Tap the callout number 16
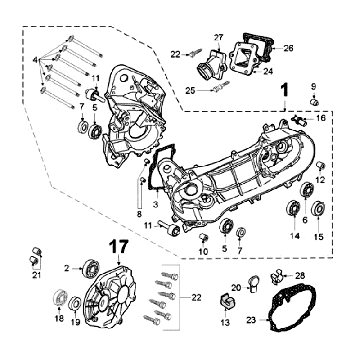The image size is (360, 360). pos(320,118)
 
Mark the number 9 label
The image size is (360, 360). pos(313,86)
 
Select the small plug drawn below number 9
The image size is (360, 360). pos(313,102)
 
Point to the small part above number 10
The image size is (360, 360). pos(201,237)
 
